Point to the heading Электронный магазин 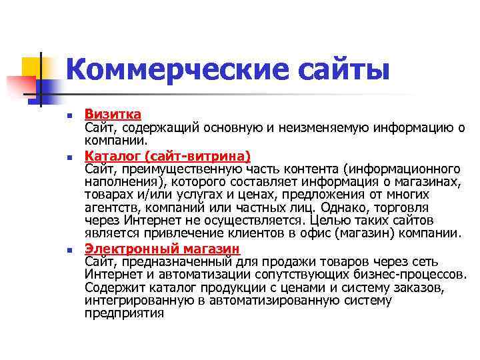[162, 249]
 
